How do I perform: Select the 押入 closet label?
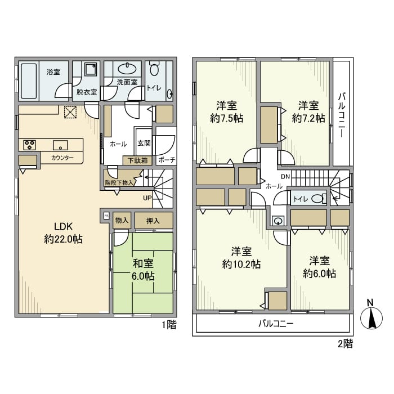pos(153,221)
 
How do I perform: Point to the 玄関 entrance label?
pos(143,144)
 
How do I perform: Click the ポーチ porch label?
pos(165,160)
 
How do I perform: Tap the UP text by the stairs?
pos(147,198)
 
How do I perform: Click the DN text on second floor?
pos(285,176)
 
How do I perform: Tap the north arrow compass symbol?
pos(371,317)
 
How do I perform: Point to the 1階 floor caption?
pos(169,325)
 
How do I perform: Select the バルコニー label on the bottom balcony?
pos(276,324)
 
